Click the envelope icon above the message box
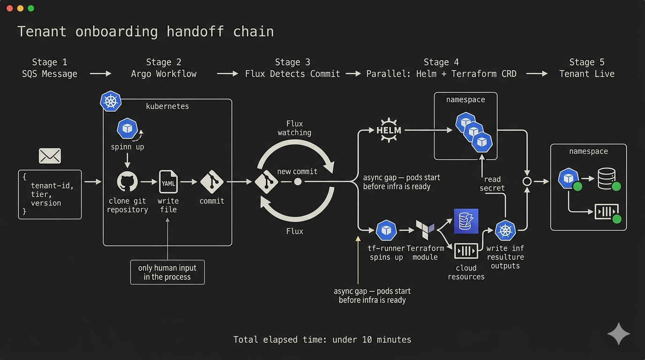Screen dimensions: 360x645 (x=50, y=156)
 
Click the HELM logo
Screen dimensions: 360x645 (x=389, y=130)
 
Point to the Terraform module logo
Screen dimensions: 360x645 (x=425, y=230)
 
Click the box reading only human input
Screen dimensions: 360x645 (x=167, y=272)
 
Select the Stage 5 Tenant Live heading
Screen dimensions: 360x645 (x=586, y=68)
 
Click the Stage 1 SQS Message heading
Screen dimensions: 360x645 (x=50, y=68)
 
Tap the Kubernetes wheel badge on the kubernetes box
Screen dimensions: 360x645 (x=111, y=101)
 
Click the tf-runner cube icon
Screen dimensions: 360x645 (x=386, y=230)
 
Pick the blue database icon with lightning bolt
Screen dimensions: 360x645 (x=466, y=221)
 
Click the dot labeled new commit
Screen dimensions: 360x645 (x=298, y=181)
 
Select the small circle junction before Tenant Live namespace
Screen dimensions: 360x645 (x=527, y=181)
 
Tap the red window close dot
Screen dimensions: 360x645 (x=9, y=8)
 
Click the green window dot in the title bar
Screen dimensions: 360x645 (x=31, y=8)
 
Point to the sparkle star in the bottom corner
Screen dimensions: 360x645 (x=619, y=334)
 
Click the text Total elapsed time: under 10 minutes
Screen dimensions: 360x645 (x=322, y=339)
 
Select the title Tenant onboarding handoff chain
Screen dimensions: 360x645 (x=145, y=31)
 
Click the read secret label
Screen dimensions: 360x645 (x=492, y=183)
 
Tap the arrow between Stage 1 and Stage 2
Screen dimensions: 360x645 (x=100, y=74)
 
